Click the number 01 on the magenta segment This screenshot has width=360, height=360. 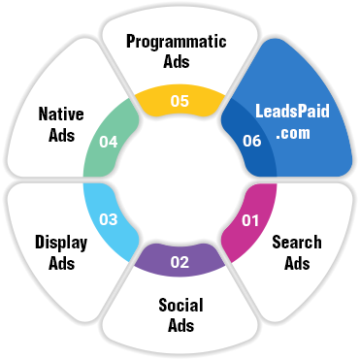(250, 220)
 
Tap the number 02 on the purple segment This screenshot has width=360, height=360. (180, 262)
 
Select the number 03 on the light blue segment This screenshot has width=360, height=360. (108, 220)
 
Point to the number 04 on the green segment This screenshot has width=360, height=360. (108, 141)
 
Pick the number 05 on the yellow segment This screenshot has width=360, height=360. (180, 99)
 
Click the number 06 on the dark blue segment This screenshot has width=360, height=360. (252, 141)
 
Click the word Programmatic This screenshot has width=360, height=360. (177, 42)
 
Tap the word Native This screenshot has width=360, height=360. (61, 115)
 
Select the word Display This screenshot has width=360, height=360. (61, 241)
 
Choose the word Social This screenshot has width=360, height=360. (180, 305)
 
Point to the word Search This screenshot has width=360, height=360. (297, 242)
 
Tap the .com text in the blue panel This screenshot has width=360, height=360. (291, 135)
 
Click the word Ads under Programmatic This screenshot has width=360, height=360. (177, 61)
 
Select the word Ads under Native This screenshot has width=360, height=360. (60, 136)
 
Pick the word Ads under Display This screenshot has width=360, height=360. (60, 262)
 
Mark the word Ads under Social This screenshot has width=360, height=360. (180, 326)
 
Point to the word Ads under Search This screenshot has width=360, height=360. (297, 263)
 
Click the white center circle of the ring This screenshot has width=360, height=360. (180, 180)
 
